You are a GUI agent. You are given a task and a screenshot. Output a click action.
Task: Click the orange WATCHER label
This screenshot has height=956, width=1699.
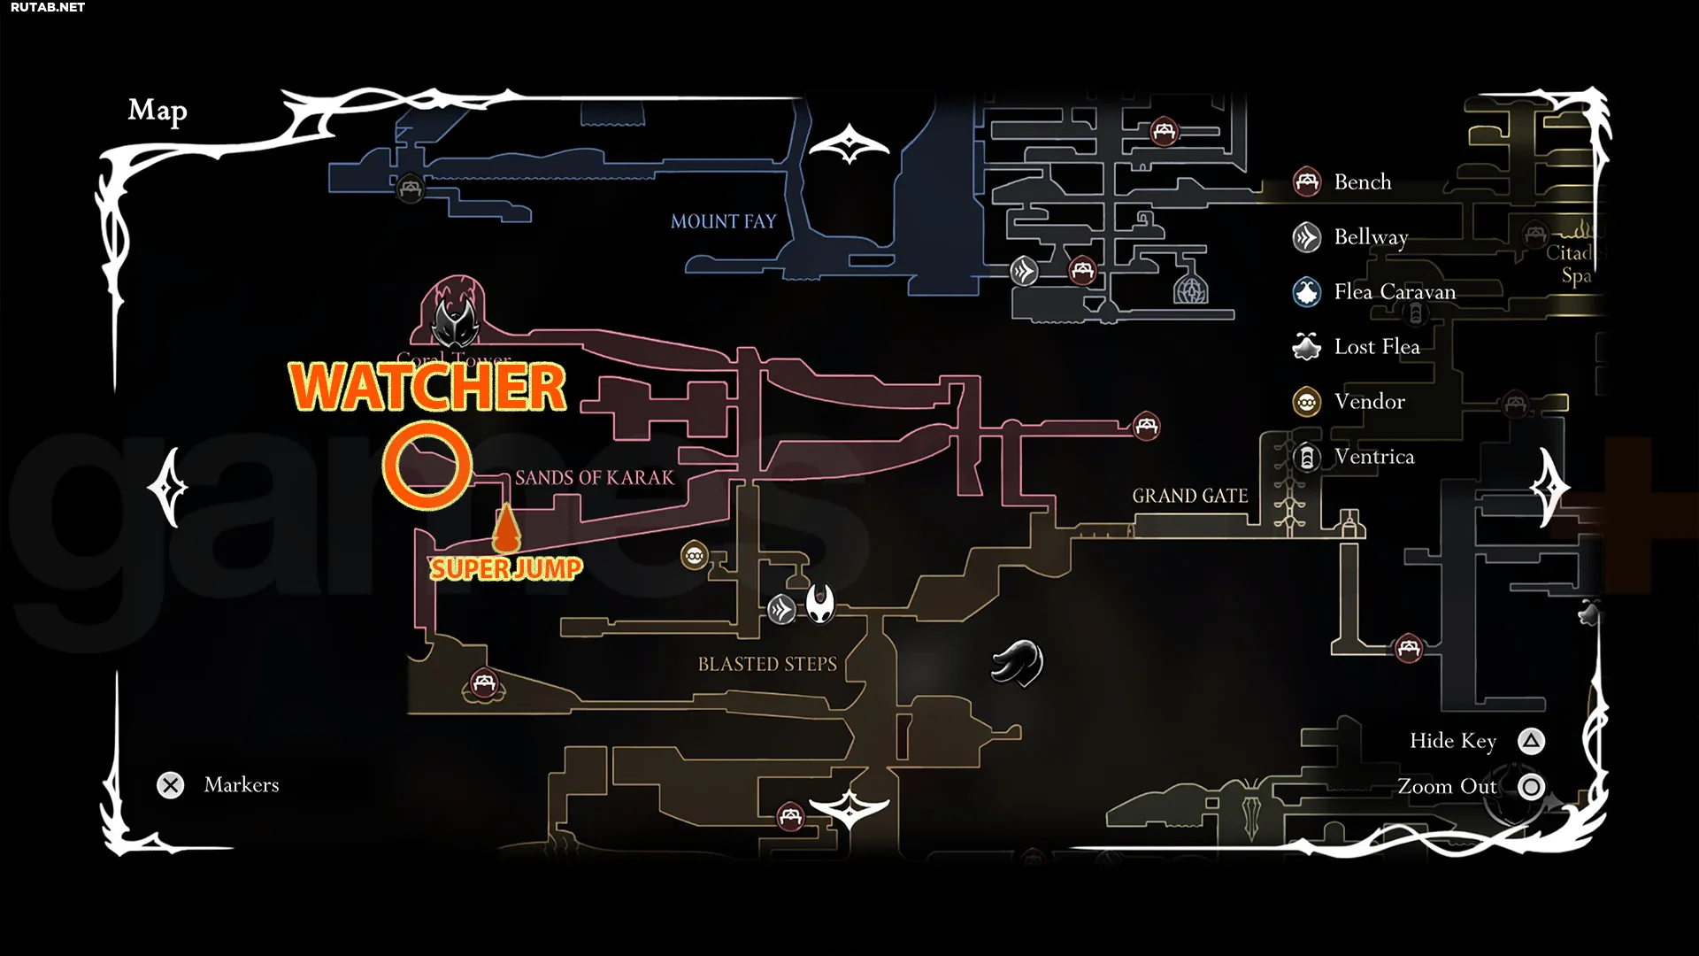(x=427, y=387)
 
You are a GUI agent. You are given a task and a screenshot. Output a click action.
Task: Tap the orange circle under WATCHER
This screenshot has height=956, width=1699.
(x=427, y=466)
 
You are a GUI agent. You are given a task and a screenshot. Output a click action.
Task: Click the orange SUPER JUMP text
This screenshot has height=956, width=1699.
(x=506, y=568)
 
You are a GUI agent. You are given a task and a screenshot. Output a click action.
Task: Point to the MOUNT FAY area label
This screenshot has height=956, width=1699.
(x=723, y=221)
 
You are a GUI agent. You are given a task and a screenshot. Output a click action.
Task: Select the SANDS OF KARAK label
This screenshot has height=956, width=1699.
(x=595, y=478)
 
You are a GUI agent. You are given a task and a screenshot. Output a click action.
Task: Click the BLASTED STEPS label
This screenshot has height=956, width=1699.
(x=767, y=664)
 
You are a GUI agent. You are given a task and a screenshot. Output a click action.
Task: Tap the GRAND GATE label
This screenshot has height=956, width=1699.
(x=1190, y=496)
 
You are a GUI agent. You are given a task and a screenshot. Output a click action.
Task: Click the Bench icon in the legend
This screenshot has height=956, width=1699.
(x=1307, y=182)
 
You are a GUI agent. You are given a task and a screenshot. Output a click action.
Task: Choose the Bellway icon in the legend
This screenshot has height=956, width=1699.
(x=1307, y=237)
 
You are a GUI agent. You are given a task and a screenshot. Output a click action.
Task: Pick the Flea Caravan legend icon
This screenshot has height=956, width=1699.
(x=1307, y=292)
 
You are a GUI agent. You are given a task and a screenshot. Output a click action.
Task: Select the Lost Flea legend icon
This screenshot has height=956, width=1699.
(x=1307, y=347)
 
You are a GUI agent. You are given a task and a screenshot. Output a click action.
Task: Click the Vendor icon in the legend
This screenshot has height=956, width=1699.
(x=1307, y=402)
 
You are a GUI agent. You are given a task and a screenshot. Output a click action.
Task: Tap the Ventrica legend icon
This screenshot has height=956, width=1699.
(x=1307, y=457)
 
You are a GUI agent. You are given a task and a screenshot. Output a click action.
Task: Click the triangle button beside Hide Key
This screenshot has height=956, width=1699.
(x=1532, y=741)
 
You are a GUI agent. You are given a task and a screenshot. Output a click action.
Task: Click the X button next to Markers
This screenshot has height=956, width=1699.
(x=171, y=785)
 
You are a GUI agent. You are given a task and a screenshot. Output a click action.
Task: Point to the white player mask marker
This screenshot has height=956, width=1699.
(x=820, y=604)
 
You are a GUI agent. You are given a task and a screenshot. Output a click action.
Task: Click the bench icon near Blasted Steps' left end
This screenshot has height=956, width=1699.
(x=483, y=683)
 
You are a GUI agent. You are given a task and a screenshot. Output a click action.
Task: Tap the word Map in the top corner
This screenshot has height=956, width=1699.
(x=158, y=111)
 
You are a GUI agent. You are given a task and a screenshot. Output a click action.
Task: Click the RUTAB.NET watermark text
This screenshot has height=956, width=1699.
(x=48, y=7)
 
